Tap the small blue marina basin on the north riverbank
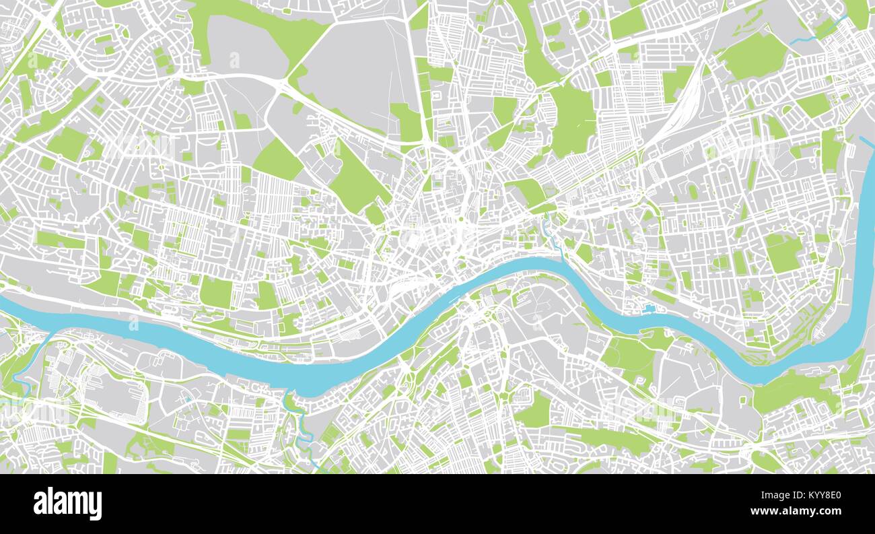coord(649,309)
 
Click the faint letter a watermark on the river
coord(133,325)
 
